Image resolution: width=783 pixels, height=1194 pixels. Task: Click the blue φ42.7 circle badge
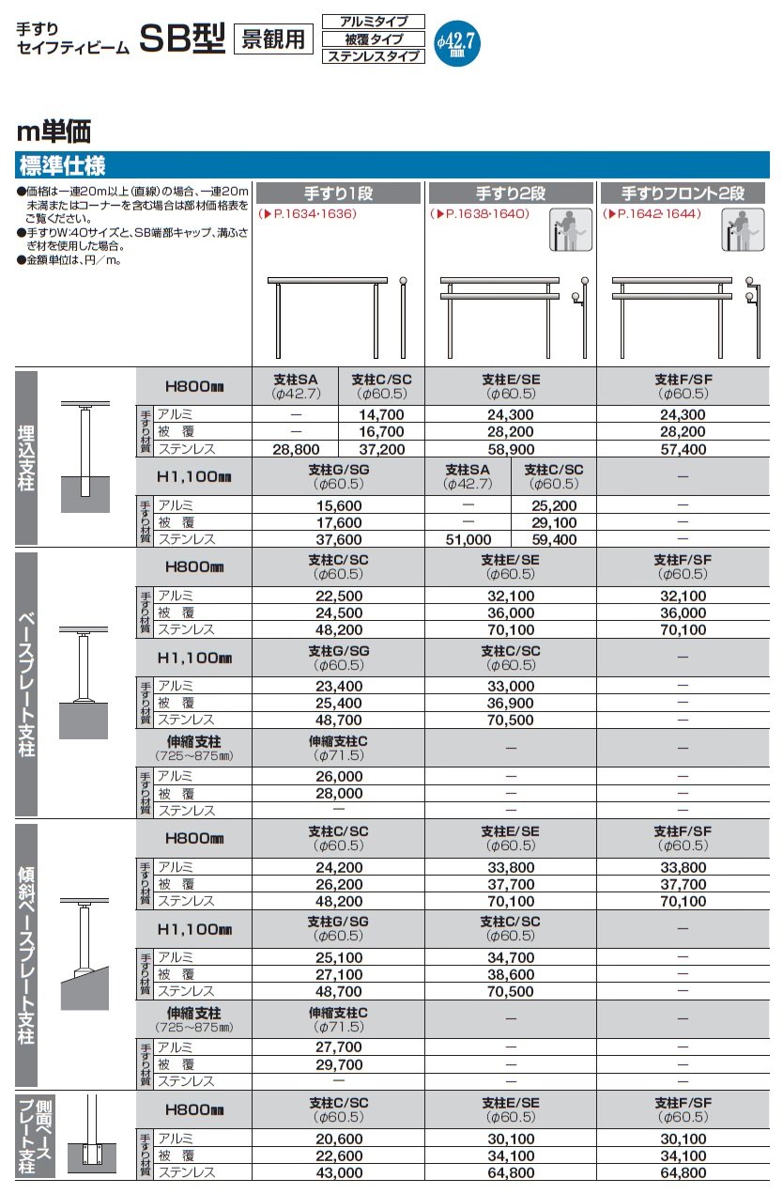pyautogui.click(x=457, y=41)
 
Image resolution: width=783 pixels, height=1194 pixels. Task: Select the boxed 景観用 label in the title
pyautogui.click(x=273, y=39)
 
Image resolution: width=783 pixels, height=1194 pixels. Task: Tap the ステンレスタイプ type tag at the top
pyautogui.click(x=373, y=56)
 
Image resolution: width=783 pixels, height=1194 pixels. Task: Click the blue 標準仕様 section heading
pyautogui.click(x=62, y=166)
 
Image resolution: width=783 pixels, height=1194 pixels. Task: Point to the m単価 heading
pyautogui.click(x=54, y=132)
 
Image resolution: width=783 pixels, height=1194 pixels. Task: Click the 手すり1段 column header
pyautogui.click(x=339, y=194)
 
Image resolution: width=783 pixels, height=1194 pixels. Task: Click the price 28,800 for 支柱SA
pyautogui.click(x=296, y=450)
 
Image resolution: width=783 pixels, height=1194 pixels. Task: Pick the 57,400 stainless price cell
pyautogui.click(x=683, y=450)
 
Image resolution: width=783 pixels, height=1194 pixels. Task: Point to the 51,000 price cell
pyautogui.click(x=468, y=539)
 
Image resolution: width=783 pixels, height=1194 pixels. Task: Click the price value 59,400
pyautogui.click(x=554, y=539)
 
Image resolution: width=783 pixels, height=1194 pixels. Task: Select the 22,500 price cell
pyautogui.click(x=339, y=595)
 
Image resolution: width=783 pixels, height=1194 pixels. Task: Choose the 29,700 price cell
pyautogui.click(x=339, y=1063)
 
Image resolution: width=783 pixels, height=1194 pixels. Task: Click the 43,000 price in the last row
pyautogui.click(x=339, y=1172)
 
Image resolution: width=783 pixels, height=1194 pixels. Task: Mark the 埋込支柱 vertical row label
pyautogui.click(x=26, y=457)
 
